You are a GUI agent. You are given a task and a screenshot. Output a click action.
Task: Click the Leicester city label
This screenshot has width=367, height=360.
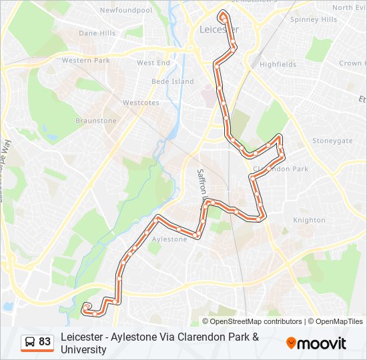point(218,30)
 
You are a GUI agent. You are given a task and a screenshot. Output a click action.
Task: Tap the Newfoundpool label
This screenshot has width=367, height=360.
point(125,11)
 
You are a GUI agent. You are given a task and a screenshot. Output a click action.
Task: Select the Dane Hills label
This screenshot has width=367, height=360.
point(97,33)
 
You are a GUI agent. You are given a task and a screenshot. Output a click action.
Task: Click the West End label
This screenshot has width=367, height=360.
point(153,63)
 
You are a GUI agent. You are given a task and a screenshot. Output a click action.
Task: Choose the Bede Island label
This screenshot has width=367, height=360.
point(172,81)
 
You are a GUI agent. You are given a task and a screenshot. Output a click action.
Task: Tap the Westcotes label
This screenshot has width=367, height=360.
point(141,103)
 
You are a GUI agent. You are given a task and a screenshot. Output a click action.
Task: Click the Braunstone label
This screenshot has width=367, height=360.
point(95,121)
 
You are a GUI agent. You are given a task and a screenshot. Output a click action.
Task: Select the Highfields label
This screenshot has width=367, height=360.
point(278,65)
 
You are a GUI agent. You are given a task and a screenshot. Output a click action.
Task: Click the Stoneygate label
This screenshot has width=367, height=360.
point(332,141)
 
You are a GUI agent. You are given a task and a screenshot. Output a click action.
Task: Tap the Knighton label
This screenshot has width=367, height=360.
point(310,220)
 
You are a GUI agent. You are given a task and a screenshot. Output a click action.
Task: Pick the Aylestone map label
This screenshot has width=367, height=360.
point(169,239)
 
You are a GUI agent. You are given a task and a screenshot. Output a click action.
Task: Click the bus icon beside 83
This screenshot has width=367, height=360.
point(30,342)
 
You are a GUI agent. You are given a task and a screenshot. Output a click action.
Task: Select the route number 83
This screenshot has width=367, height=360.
point(45,342)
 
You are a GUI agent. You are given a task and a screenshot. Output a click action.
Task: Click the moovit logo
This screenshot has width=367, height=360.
point(316,343)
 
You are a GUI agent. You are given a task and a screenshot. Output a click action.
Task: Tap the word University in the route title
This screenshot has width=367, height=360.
point(83,349)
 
